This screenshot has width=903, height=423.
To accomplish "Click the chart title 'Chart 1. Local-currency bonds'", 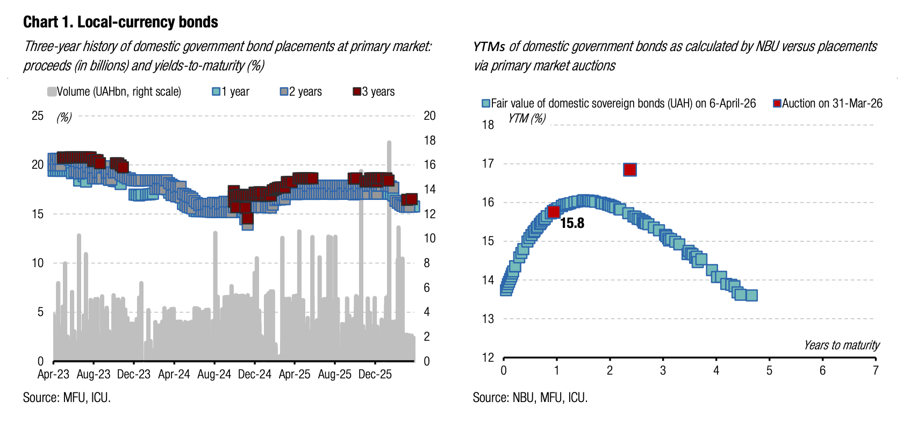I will (120, 22).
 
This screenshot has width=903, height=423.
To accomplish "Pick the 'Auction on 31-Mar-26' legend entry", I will (828, 103).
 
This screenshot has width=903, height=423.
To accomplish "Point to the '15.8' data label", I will (572, 223).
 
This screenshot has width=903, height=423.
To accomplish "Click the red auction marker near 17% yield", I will (629, 170).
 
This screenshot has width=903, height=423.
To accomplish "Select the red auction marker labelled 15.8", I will (554, 212).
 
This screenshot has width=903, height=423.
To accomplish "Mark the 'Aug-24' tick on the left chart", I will (214, 374).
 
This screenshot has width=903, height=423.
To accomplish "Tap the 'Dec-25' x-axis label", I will (375, 374).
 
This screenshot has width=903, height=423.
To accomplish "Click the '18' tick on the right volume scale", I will (429, 140).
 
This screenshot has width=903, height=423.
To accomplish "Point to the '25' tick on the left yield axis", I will (38, 116).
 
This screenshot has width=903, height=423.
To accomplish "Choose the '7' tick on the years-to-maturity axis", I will (876, 370).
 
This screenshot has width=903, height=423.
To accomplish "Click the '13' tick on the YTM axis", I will (488, 319).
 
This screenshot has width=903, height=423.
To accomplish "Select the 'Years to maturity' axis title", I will (842, 345).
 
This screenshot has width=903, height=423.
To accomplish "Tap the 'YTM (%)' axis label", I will (527, 118).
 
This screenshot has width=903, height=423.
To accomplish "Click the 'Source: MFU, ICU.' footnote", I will (67, 398).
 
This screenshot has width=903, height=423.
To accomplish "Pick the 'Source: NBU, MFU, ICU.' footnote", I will (530, 398).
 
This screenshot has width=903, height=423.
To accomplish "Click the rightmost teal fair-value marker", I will (751, 295).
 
